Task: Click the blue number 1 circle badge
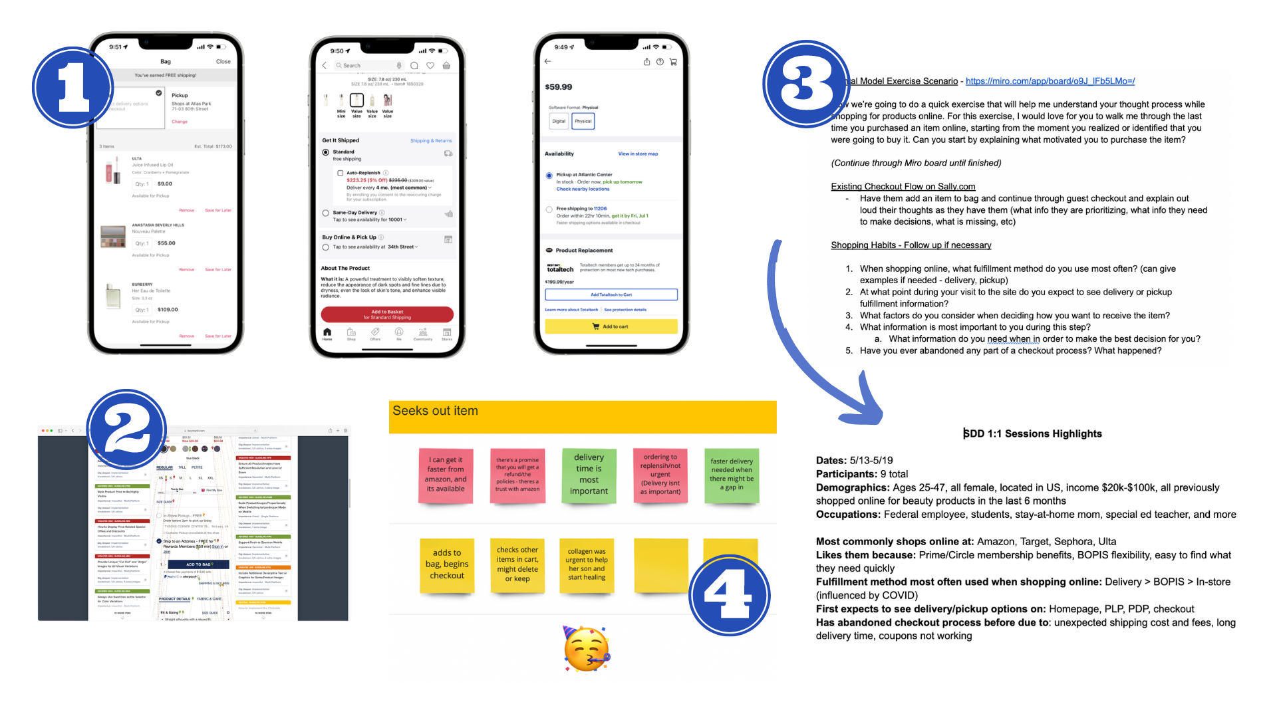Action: pos(72,87)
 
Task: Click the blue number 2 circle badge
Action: pos(126,429)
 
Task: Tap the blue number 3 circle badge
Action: pos(806,84)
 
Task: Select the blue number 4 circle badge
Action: pos(729,595)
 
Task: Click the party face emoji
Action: pos(586,649)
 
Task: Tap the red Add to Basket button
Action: pos(387,314)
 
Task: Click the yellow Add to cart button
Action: pos(611,326)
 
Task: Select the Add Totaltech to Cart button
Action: pos(611,295)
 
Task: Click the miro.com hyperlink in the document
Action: pos(1050,81)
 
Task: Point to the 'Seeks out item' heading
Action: pos(435,411)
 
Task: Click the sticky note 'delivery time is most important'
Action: pos(589,475)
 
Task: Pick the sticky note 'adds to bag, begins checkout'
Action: pos(447,564)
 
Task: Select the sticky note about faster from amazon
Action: pos(446,475)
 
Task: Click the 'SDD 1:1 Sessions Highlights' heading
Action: pos(1032,433)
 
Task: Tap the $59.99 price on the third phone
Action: pos(558,87)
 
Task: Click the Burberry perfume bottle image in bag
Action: pos(113,297)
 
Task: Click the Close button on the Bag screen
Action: pos(223,62)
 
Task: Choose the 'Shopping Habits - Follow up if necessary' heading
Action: pos(911,245)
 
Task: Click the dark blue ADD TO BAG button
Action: pos(198,564)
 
